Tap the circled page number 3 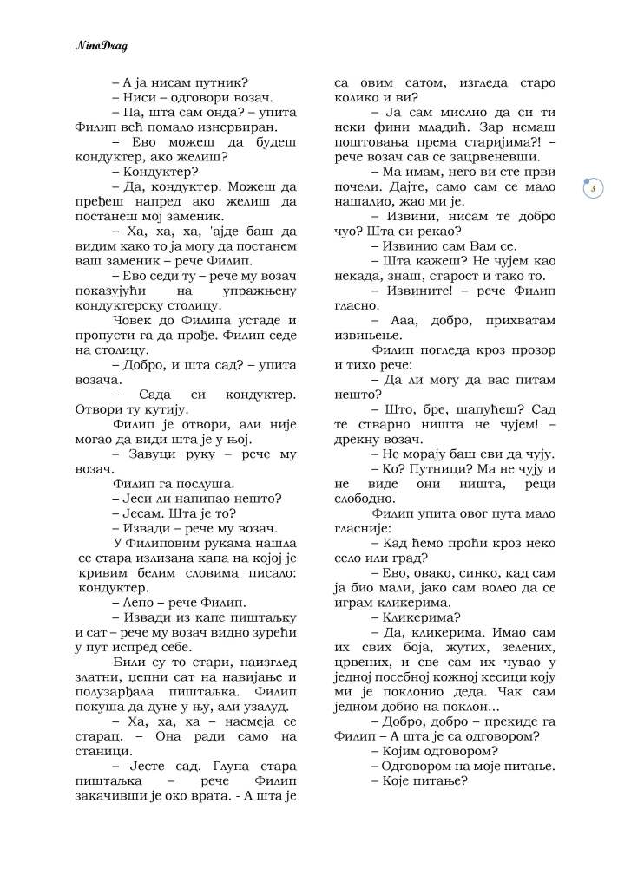coord(592,188)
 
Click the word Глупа coord(223,767)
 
